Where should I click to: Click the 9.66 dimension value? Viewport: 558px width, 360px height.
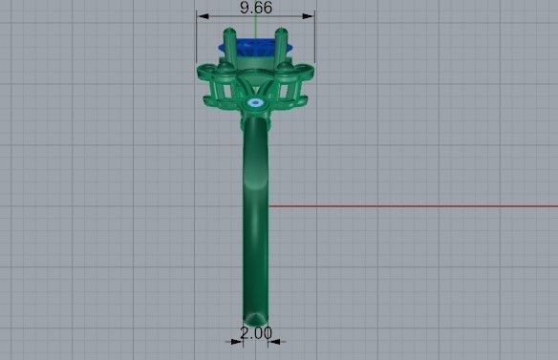point(255,7)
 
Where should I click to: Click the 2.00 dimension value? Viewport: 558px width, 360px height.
point(256,333)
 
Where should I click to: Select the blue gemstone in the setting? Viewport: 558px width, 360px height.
point(255,46)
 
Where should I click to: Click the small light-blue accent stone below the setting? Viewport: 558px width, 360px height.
point(255,100)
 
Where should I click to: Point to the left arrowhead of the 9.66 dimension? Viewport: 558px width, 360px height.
point(201,15)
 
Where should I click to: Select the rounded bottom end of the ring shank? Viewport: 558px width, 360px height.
point(255,318)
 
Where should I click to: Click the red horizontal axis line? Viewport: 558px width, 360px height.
point(411,205)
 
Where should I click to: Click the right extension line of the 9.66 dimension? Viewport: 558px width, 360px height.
point(314,38)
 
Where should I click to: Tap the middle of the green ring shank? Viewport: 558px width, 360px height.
point(255,210)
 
